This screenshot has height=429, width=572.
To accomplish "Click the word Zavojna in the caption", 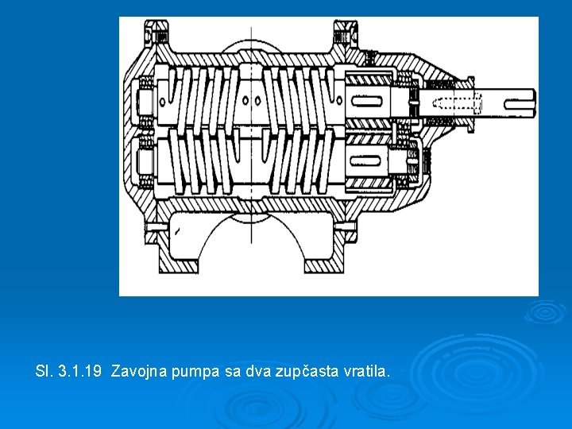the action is [x=138, y=371].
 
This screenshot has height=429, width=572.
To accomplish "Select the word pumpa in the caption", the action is [x=195, y=372].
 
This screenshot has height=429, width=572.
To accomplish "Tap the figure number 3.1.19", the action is [x=79, y=371].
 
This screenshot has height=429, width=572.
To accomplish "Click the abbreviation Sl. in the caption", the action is [x=44, y=371].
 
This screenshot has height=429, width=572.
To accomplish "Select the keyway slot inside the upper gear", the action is [x=366, y=101].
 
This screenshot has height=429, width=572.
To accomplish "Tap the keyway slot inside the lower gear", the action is [x=365, y=160].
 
